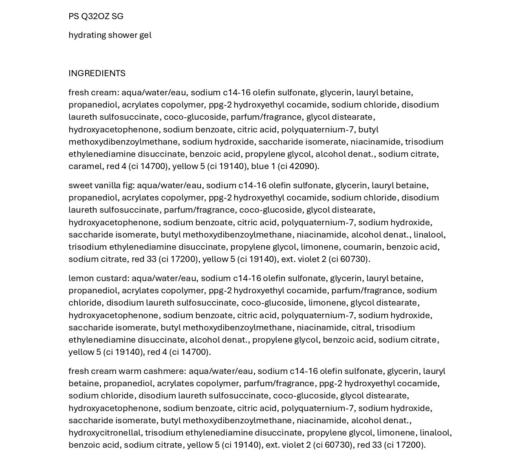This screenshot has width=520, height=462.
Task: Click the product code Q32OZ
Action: [x=95, y=16]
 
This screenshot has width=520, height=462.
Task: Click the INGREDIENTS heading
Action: [x=97, y=73]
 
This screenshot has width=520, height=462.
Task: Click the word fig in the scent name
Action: [x=128, y=185]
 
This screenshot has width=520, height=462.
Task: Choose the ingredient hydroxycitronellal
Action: [x=106, y=433]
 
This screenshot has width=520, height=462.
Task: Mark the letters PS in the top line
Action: [x=74, y=16]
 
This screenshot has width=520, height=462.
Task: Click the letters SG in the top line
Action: [x=117, y=16]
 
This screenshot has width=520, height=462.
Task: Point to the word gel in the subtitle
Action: [x=145, y=35]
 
